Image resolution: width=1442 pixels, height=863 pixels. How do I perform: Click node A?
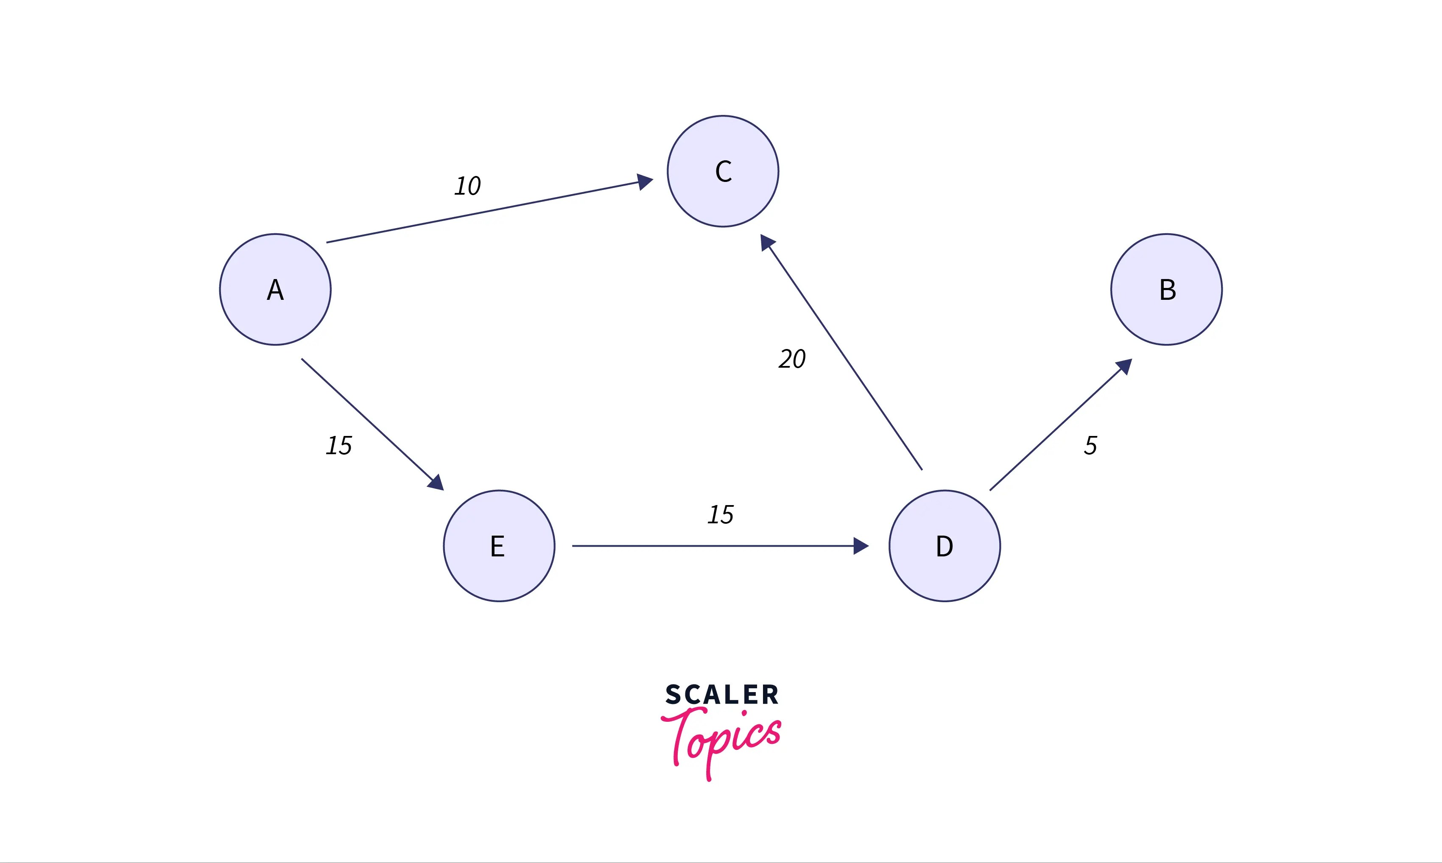click(275, 290)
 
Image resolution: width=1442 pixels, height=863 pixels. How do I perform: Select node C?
click(723, 171)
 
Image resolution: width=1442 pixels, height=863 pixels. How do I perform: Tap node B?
click(1166, 290)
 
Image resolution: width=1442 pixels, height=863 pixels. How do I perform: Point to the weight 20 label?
click(792, 359)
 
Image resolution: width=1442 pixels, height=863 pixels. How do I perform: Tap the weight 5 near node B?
click(1090, 445)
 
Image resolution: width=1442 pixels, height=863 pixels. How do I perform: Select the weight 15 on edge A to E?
click(339, 445)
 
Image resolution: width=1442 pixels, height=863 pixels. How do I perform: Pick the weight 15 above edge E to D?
click(721, 515)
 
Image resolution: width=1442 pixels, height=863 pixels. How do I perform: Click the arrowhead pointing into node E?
click(436, 483)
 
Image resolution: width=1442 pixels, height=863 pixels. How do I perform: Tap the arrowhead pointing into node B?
click(1124, 366)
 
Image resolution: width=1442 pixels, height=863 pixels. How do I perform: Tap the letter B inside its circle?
click(1168, 290)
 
